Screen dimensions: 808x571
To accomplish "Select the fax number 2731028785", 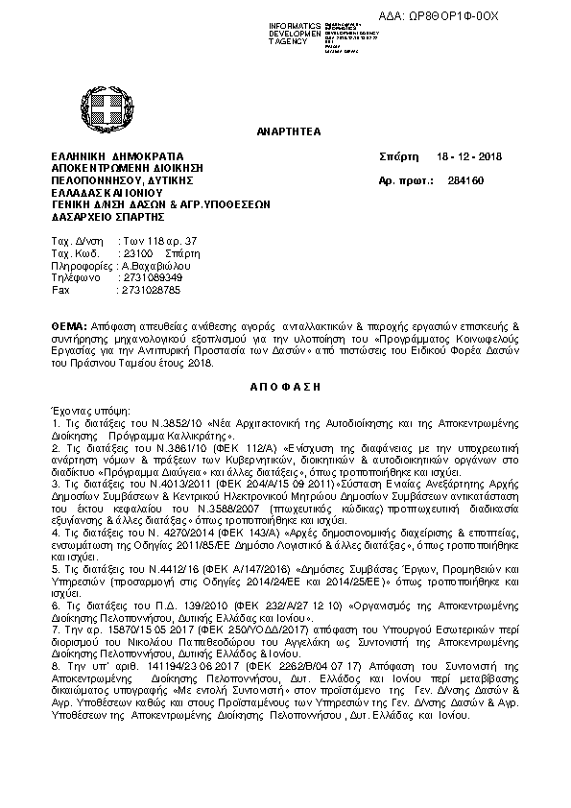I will pyautogui.click(x=150, y=289).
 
